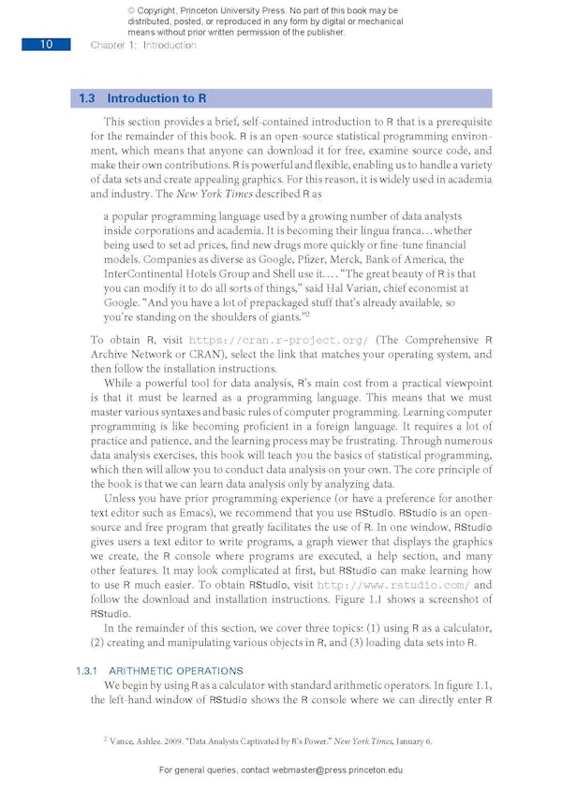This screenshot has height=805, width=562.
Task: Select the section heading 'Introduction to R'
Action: (x=156, y=98)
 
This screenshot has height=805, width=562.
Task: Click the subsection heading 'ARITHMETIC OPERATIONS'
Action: (x=176, y=671)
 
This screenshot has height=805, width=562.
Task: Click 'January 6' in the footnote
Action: (x=411, y=740)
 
